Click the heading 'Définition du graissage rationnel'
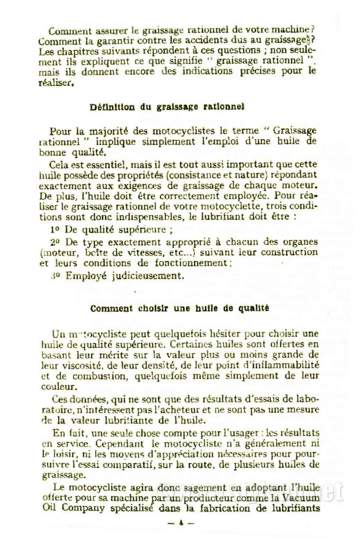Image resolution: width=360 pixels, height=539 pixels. (167, 107)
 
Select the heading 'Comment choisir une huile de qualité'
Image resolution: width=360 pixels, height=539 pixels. (179, 309)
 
